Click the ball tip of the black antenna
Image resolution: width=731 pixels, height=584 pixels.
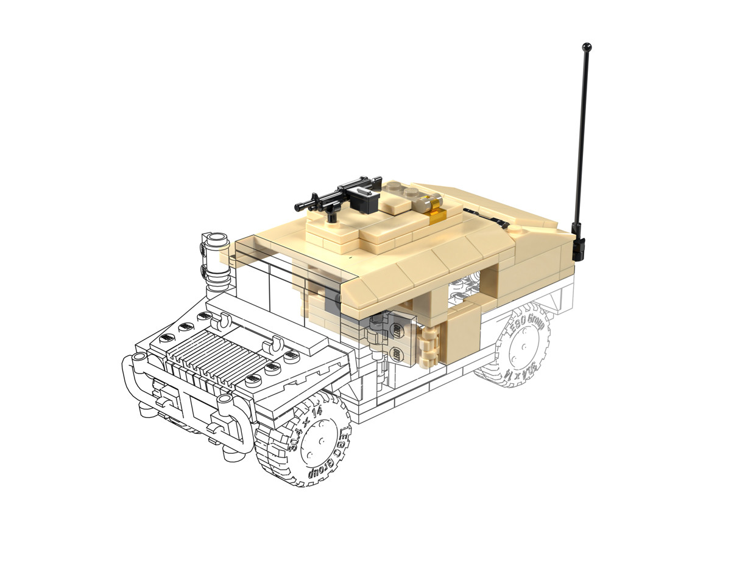(587, 46)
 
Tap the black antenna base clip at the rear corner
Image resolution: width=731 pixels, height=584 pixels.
(578, 246)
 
